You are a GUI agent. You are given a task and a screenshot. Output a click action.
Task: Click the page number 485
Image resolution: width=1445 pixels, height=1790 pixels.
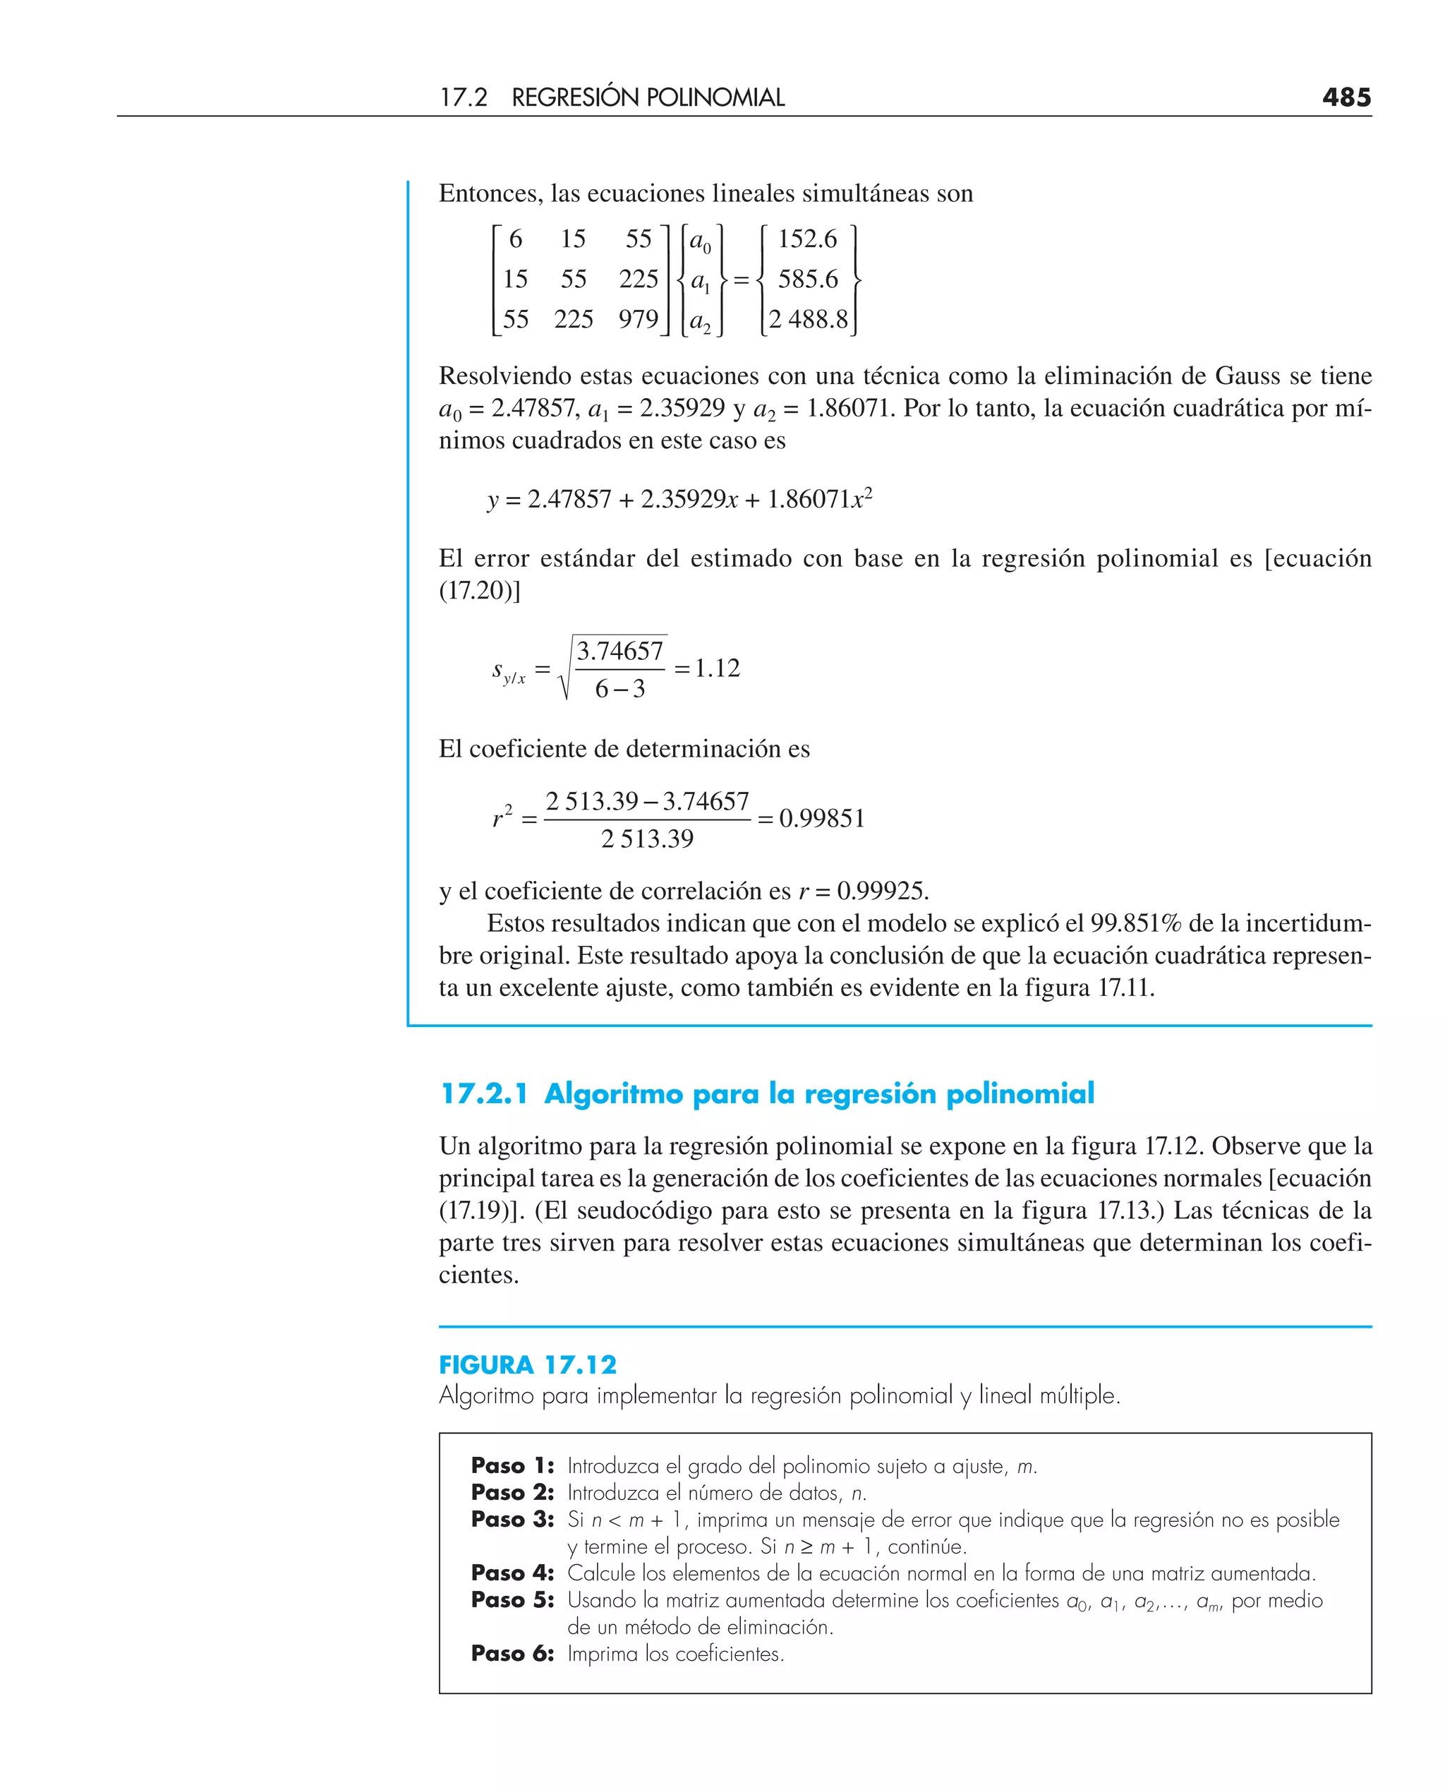pos(1346,97)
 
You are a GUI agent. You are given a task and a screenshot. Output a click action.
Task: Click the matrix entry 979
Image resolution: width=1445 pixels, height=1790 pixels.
pos(638,319)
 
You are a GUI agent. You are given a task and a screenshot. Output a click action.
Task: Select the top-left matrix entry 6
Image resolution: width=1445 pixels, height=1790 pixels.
pos(515,239)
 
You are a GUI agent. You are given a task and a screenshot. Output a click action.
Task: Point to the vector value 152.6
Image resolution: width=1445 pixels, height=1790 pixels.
pos(806,239)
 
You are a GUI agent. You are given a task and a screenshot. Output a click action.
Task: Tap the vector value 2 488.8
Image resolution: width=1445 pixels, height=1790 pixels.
pos(807,319)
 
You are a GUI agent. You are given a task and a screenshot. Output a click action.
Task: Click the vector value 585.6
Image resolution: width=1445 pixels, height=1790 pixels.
pos(807,279)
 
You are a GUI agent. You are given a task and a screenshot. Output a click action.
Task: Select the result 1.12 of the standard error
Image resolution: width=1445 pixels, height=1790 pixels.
pos(717,668)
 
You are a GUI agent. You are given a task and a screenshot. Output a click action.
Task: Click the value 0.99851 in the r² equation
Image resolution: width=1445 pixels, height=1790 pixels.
pos(821,818)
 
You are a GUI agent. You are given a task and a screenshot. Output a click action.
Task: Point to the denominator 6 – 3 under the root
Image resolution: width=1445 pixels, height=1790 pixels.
pos(619,688)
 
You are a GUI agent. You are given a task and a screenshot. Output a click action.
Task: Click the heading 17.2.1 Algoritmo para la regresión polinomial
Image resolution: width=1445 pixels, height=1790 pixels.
pos(767,1093)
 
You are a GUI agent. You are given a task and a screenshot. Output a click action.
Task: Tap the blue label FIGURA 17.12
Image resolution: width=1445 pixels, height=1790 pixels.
pos(528,1364)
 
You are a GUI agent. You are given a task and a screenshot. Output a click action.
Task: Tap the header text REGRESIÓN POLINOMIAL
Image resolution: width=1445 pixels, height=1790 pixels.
pos(648,97)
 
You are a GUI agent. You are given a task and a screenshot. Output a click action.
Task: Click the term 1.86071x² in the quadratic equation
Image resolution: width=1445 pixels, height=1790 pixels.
pos(819,499)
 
